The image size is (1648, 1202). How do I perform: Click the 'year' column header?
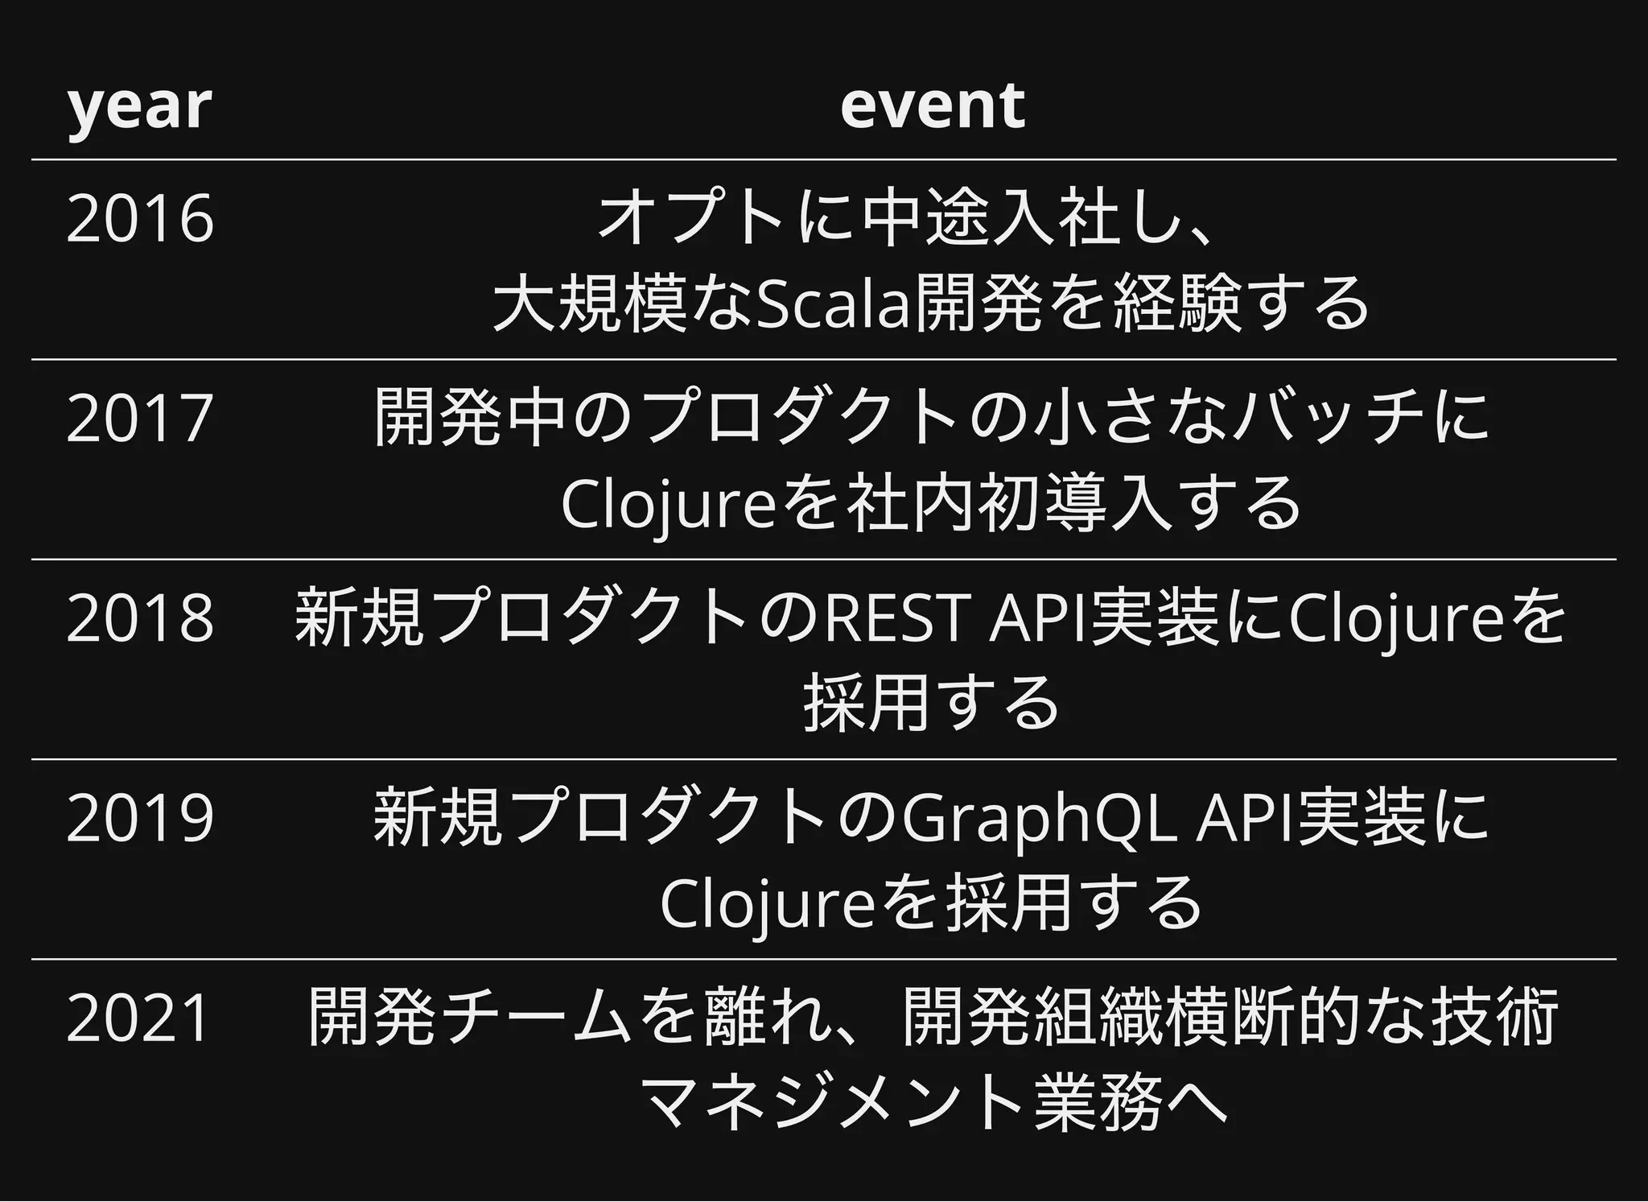[138, 106]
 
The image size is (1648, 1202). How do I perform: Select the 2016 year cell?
[140, 219]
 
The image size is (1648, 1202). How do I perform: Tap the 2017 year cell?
[140, 418]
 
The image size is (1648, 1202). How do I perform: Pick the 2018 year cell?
[140, 618]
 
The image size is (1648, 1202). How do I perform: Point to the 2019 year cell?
[140, 818]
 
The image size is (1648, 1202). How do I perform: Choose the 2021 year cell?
[138, 1018]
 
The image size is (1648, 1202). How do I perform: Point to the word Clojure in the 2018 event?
[1397, 618]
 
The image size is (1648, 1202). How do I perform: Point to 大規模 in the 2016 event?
[591, 304]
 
